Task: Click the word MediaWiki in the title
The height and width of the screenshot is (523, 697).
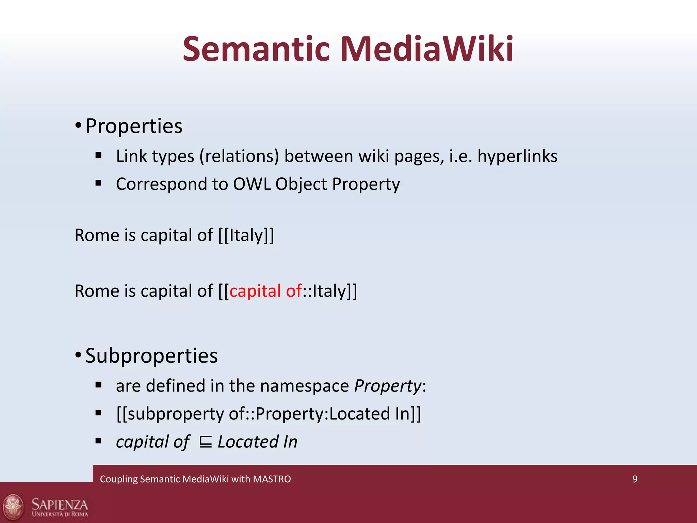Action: pyautogui.click(x=427, y=49)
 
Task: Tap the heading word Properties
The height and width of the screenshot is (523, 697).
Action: pyautogui.click(x=134, y=126)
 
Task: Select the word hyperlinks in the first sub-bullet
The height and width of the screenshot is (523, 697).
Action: pyautogui.click(x=517, y=156)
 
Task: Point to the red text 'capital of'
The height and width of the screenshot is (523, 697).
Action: pyautogui.click(x=265, y=291)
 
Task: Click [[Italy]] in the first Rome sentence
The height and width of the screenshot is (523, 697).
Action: pyautogui.click(x=246, y=235)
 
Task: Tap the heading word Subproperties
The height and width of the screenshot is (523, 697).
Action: pyautogui.click(x=151, y=356)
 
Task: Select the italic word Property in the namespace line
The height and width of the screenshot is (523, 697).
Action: pyautogui.click(x=388, y=386)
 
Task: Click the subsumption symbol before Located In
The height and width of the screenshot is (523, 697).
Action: pyautogui.click(x=206, y=442)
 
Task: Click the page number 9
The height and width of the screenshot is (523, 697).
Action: pyautogui.click(x=635, y=479)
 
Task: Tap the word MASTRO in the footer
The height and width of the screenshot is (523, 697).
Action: pyautogui.click(x=272, y=479)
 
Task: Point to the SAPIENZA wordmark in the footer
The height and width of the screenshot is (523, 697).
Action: pyautogui.click(x=60, y=504)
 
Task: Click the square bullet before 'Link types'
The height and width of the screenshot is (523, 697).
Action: pyautogui.click(x=99, y=156)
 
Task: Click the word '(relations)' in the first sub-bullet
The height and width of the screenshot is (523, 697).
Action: pyautogui.click(x=239, y=156)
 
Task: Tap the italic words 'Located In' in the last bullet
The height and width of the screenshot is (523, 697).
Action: pyautogui.click(x=257, y=442)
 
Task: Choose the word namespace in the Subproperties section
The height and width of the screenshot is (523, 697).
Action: pyautogui.click(x=304, y=386)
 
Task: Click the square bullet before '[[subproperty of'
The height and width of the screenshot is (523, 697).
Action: pyautogui.click(x=99, y=413)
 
